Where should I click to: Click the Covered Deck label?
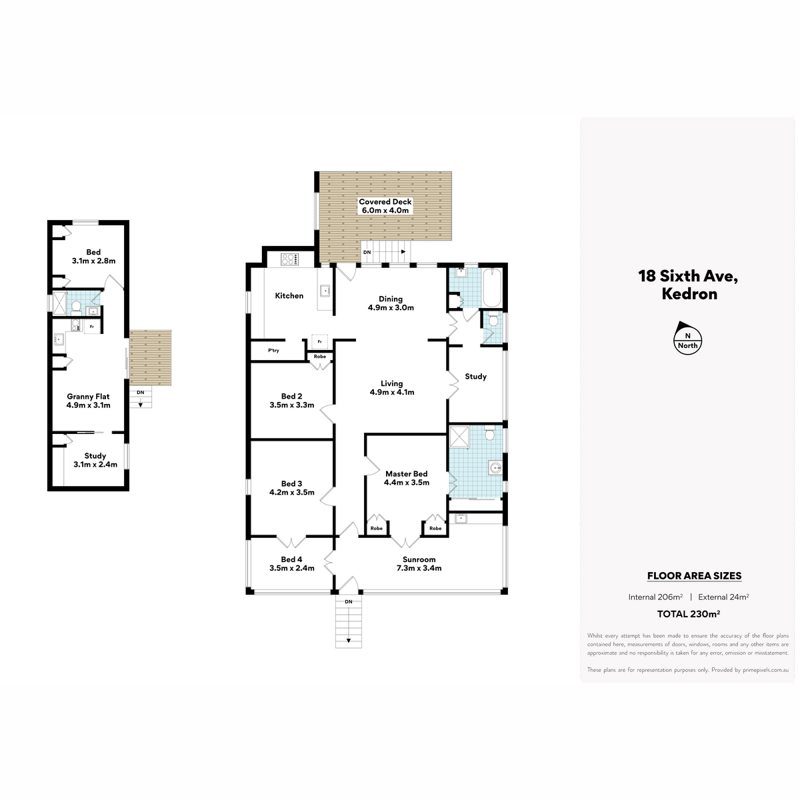pyautogui.click(x=385, y=202)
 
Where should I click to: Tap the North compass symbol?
pyautogui.click(x=687, y=338)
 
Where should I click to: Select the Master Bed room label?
pyautogui.click(x=407, y=474)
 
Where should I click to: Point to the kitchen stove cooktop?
pyautogui.click(x=289, y=259)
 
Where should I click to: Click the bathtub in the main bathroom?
pyautogui.click(x=493, y=287)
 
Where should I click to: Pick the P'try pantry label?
pyautogui.click(x=273, y=351)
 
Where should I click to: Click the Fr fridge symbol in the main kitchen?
pyautogui.click(x=320, y=342)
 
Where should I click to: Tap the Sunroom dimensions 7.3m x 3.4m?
pyautogui.click(x=419, y=569)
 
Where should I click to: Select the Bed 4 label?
pyautogui.click(x=291, y=559)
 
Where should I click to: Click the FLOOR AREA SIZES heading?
pyautogui.click(x=694, y=576)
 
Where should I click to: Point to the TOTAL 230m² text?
pyautogui.click(x=688, y=614)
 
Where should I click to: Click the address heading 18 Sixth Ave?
pyautogui.click(x=688, y=276)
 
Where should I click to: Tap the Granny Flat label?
pyautogui.click(x=88, y=397)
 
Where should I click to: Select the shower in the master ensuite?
pyautogui.click(x=459, y=436)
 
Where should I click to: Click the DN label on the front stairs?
pyautogui.click(x=348, y=601)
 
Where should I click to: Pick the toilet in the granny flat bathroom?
pyautogui.click(x=76, y=307)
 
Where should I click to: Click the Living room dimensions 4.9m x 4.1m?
pyautogui.click(x=392, y=392)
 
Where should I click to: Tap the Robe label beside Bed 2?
pyautogui.click(x=320, y=357)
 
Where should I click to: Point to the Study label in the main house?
pyautogui.click(x=476, y=377)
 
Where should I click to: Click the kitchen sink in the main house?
pyautogui.click(x=325, y=291)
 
